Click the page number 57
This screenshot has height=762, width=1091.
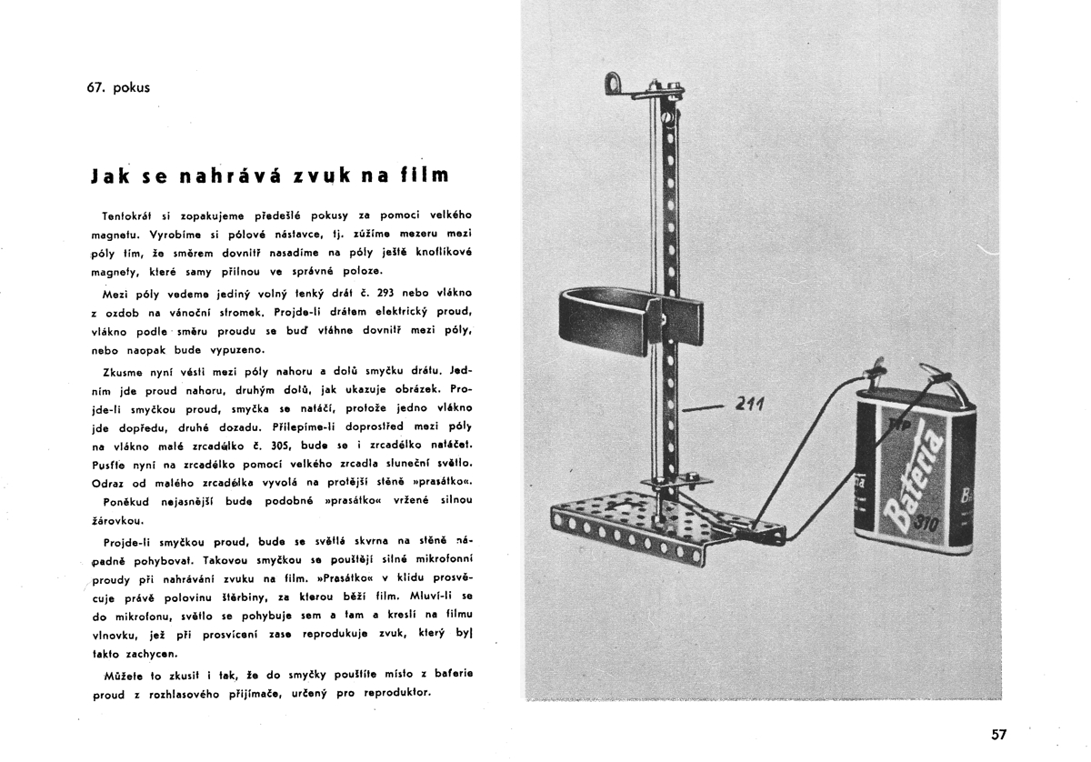pyautogui.click(x=998, y=734)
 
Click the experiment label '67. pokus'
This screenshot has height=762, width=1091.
pyautogui.click(x=115, y=88)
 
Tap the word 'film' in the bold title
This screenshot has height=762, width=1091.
pyautogui.click(x=425, y=175)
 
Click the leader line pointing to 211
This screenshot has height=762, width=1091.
pyautogui.click(x=702, y=410)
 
